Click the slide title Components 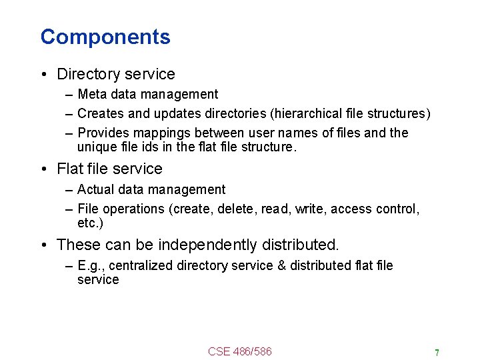(x=105, y=37)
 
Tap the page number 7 (x=437, y=353)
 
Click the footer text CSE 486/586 (x=240, y=351)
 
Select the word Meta (x=91, y=94)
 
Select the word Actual (x=95, y=189)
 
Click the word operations (x=137, y=209)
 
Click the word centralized (x=141, y=265)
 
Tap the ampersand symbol (x=281, y=265)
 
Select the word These (x=79, y=245)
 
